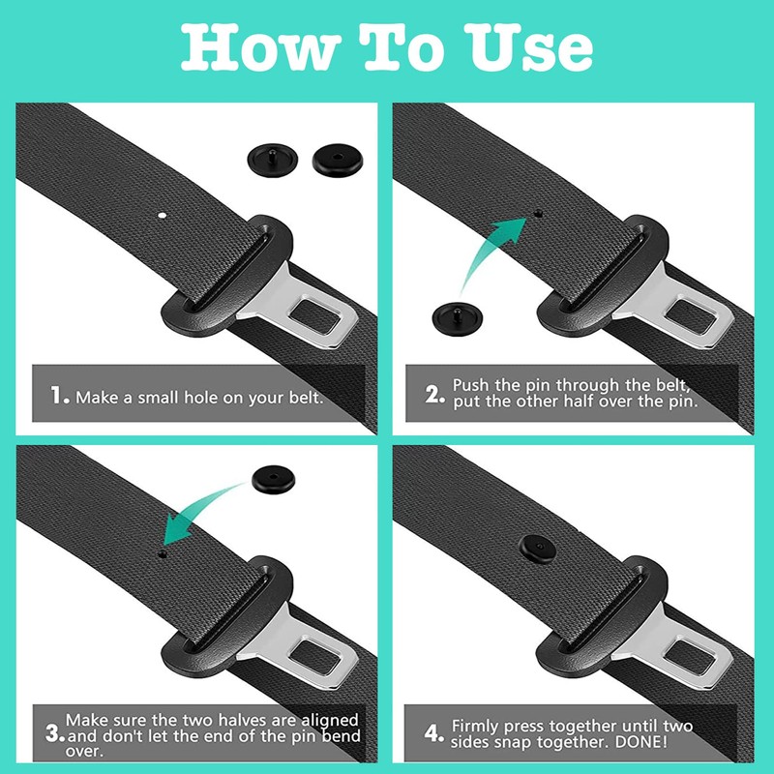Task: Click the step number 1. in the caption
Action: pos(60,396)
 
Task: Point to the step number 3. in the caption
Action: pos(54,736)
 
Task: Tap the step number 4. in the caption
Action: pos(435,733)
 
